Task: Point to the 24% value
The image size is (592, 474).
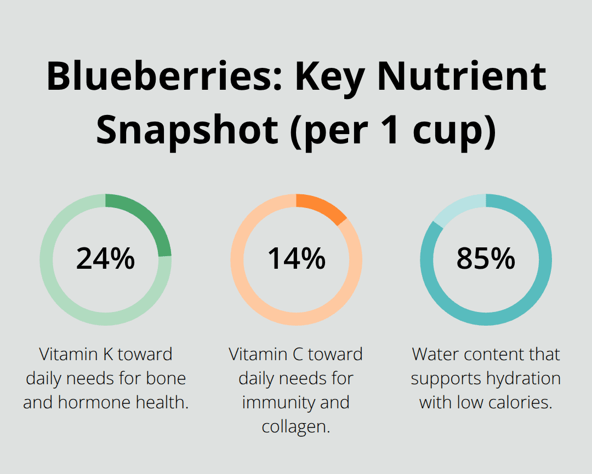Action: click(x=105, y=259)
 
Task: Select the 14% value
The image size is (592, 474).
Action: click(x=296, y=259)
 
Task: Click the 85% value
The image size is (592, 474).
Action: click(x=486, y=259)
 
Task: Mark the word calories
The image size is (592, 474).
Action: click(x=517, y=402)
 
